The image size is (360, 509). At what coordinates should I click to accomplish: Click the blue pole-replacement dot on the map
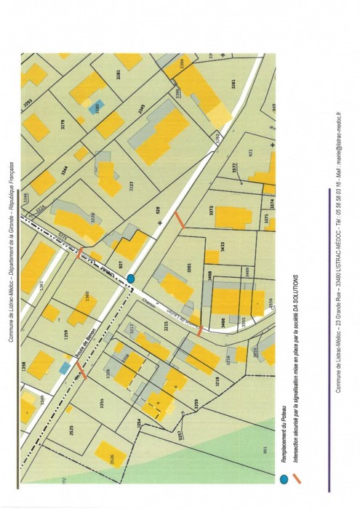[131, 278]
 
